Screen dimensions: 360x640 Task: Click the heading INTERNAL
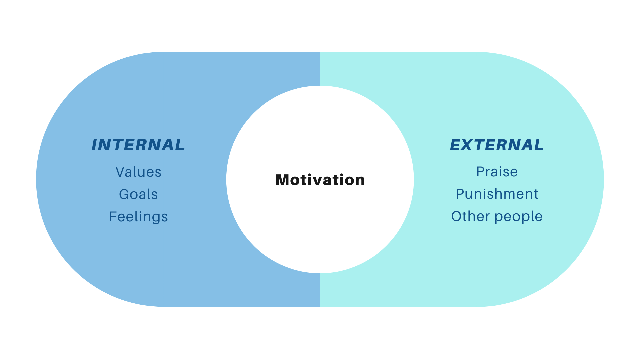tap(138, 145)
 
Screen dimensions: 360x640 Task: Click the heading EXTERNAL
tap(497, 145)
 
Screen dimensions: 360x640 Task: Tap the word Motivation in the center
tap(320, 180)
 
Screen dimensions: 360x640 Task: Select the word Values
tap(138, 172)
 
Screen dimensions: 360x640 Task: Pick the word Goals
tap(138, 194)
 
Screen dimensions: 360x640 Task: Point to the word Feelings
tap(138, 217)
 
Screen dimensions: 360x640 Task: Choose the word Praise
tap(497, 172)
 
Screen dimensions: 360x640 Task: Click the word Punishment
tap(497, 194)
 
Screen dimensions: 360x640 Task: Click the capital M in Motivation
tap(282, 180)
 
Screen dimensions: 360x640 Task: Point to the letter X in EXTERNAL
tap(470, 145)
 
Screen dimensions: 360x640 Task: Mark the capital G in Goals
tap(124, 194)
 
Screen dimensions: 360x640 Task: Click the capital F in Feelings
tap(113, 217)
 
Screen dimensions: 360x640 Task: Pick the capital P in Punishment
tap(460, 194)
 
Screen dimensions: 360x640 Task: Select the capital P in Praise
tap(480, 172)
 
